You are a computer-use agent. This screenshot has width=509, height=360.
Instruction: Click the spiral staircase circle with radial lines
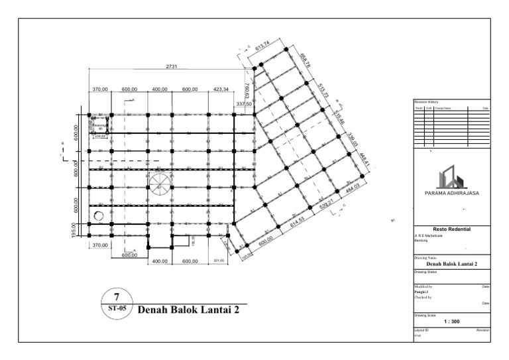tap(160, 184)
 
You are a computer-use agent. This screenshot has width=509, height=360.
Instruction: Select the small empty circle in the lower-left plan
tap(99, 215)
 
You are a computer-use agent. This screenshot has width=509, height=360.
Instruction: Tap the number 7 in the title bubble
tap(117, 296)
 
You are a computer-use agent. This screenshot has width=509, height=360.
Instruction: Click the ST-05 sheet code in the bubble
tap(117, 308)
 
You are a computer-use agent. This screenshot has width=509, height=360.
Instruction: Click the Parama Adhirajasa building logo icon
tap(451, 177)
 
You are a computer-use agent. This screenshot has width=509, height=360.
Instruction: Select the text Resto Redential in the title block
tap(451, 227)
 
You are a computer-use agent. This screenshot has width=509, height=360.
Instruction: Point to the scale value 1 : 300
tap(451, 321)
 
